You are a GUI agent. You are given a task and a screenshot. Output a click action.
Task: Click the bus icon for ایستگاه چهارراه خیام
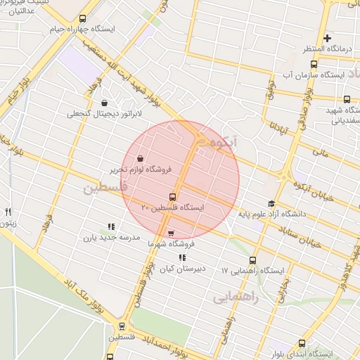point(84,19)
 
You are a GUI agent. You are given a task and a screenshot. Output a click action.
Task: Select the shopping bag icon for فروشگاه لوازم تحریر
point(141,158)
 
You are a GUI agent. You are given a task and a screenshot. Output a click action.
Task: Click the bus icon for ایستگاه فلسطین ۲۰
point(172,197)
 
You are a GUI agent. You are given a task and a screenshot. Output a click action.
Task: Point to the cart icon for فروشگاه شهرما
point(172,233)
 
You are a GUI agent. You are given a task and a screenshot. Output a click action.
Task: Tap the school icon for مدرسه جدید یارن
point(110,226)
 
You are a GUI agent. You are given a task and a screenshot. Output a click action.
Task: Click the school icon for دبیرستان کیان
point(183,258)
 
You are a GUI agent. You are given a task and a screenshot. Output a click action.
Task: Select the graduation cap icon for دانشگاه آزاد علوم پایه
point(271,203)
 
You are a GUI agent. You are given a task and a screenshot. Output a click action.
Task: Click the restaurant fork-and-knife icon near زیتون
point(8,211)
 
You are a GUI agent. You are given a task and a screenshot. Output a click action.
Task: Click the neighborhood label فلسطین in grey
point(105,188)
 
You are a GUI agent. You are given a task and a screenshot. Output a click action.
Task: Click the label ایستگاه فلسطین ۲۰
point(172,208)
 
